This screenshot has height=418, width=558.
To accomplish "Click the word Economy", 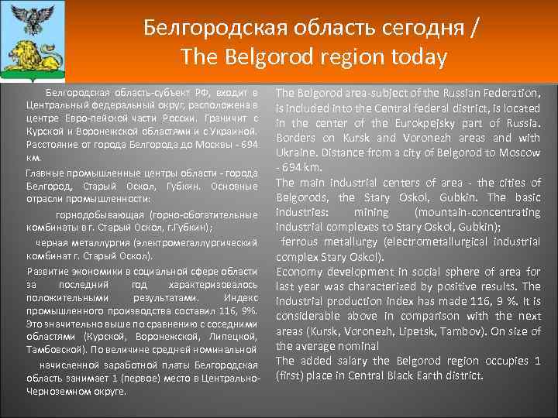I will tap(302, 272).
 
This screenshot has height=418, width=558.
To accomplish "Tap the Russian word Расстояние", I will tap(50, 145).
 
